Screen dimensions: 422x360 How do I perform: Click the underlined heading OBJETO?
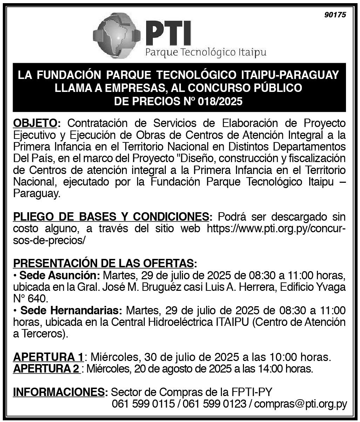click(x=35, y=123)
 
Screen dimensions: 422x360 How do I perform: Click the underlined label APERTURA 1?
click(x=48, y=357)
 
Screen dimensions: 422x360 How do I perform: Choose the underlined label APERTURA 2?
click(x=46, y=369)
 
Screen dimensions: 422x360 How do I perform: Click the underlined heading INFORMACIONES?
click(x=59, y=392)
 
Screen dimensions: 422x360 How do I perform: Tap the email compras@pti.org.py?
click(x=300, y=404)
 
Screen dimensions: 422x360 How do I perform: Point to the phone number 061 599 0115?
click(x=143, y=404)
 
